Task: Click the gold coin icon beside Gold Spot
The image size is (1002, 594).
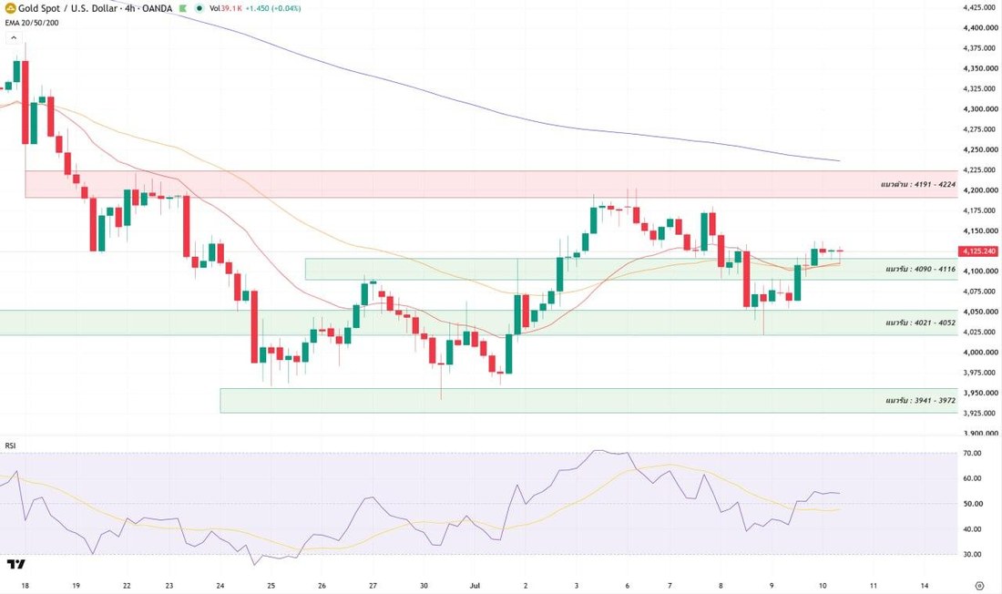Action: pos(10,8)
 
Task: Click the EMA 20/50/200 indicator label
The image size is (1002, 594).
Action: pos(32,23)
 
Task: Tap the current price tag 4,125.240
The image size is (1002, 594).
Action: pos(978,251)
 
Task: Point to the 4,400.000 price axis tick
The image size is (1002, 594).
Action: pos(980,27)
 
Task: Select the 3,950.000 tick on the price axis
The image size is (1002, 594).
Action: pos(980,393)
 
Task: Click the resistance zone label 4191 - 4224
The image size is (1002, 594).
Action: pos(917,185)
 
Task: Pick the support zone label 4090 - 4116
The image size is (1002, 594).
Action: pos(920,269)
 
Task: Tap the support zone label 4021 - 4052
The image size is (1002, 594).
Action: pos(920,323)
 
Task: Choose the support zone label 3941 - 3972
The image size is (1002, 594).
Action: pos(920,400)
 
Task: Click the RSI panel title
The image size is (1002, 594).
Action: pos(10,445)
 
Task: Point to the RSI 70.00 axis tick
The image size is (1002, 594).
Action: pos(973,454)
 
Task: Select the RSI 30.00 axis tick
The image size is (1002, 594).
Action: pos(973,554)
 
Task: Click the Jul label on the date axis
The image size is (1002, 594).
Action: pos(475,585)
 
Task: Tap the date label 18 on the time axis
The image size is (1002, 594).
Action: pos(25,585)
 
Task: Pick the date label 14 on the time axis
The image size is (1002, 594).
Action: pos(925,585)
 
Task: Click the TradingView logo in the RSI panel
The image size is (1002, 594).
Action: pos(16,564)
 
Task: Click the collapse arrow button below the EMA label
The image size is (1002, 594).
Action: pos(14,38)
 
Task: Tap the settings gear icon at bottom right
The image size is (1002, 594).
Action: pos(979,585)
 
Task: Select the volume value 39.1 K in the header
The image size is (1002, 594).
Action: pos(231,8)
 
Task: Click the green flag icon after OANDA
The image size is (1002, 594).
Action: pos(183,8)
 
